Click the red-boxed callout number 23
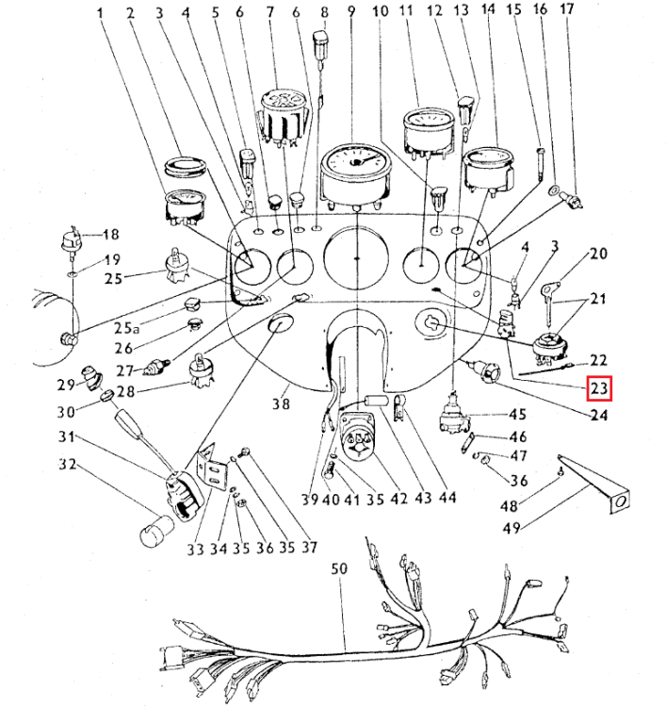point(600,387)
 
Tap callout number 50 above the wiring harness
point(339,568)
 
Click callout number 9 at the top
point(351,12)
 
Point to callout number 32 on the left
point(67,464)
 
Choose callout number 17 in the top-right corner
point(566,10)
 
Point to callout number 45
point(518,414)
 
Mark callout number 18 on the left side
point(111,235)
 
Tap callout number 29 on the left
point(65,384)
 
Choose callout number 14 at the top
point(487,10)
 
